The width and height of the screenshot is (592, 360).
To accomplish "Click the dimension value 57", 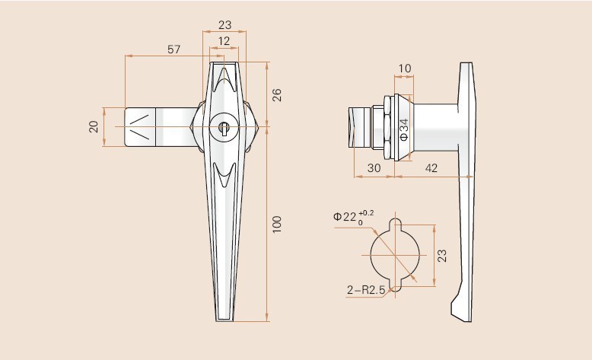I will pyautogui.click(x=174, y=49).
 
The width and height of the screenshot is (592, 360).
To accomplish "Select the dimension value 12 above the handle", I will pyautogui.click(x=224, y=40).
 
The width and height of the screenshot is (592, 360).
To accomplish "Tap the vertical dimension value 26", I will pyautogui.click(x=277, y=95).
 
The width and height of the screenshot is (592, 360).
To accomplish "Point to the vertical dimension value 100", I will pyautogui.click(x=277, y=223).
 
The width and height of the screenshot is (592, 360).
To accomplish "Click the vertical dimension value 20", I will pyautogui.click(x=94, y=126).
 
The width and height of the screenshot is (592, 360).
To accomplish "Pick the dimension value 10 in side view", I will pyautogui.click(x=404, y=68).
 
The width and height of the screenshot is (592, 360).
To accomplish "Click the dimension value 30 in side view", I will pyautogui.click(x=374, y=169).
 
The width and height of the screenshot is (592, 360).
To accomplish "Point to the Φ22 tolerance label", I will pyautogui.click(x=353, y=216).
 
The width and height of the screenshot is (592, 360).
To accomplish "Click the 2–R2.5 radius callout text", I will pyautogui.click(x=364, y=289).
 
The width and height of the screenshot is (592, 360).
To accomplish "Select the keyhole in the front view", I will pyautogui.click(x=224, y=126).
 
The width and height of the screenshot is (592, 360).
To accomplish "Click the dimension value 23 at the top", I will pyautogui.click(x=224, y=24).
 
